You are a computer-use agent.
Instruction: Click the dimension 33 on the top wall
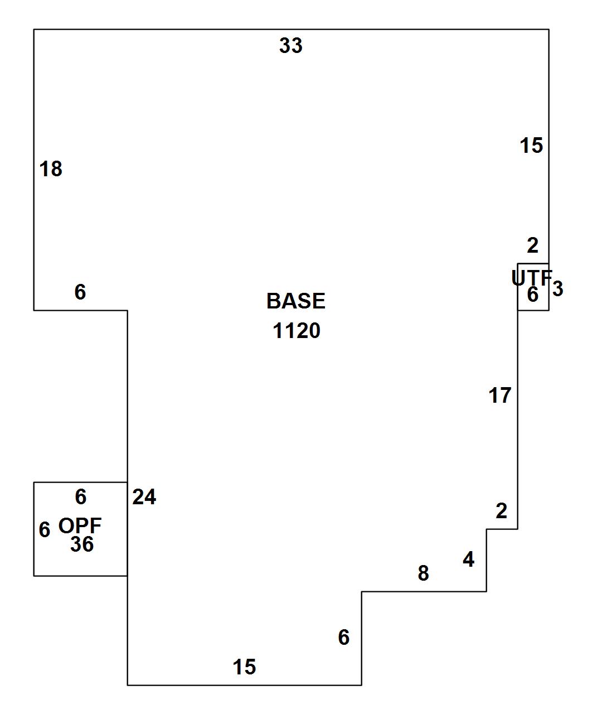(x=290, y=46)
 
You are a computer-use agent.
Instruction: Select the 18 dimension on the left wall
(x=51, y=169)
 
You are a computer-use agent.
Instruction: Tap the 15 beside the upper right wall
(x=531, y=146)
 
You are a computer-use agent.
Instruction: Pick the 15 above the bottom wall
(x=244, y=667)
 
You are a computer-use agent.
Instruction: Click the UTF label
(x=531, y=277)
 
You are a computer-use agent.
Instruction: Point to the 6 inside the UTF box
(x=533, y=295)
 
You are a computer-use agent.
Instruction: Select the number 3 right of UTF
(x=558, y=289)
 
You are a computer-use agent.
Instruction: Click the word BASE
(x=295, y=301)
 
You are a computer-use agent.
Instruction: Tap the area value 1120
(x=296, y=331)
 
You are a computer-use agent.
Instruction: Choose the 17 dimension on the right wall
(x=499, y=395)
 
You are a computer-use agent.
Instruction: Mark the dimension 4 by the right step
(x=469, y=559)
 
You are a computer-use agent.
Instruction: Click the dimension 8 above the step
(x=424, y=573)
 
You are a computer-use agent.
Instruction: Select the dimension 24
(x=144, y=497)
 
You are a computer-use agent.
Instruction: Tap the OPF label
(x=80, y=525)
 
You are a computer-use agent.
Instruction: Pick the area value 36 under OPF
(x=82, y=544)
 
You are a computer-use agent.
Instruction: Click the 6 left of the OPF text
(x=45, y=529)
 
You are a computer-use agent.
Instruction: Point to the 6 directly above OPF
(x=81, y=496)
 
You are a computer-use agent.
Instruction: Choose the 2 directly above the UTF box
(x=533, y=245)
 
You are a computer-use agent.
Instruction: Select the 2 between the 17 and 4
(x=502, y=510)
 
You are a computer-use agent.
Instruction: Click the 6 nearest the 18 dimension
(x=80, y=292)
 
